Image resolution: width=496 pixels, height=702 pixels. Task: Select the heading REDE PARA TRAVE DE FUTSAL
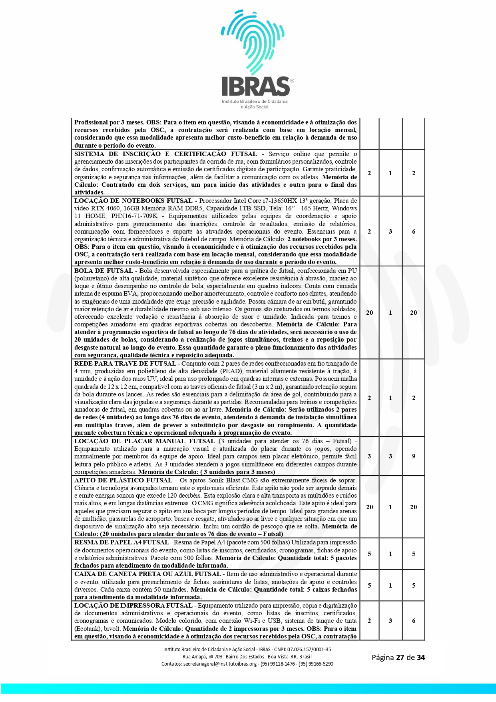tap(125, 364)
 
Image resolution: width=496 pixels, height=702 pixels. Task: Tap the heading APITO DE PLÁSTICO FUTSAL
tap(123, 480)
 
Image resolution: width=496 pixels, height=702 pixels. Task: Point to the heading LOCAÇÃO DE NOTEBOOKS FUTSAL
tap(133, 201)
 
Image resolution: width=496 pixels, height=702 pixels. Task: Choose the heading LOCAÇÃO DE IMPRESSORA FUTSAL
tap(133, 606)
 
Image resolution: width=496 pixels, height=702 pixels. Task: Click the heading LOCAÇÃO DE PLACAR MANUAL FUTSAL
tap(144, 441)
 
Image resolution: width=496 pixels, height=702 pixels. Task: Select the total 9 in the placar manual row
tap(413, 456)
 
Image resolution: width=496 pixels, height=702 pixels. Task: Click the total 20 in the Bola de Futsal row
tap(413, 313)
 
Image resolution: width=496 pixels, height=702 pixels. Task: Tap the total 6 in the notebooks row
tap(413, 232)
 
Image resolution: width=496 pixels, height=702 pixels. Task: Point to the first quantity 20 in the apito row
tap(369, 507)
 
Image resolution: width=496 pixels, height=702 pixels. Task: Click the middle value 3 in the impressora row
tap(390, 621)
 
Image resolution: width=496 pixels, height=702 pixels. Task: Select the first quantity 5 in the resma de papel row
tap(369, 554)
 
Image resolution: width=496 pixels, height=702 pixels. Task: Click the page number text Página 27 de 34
tap(398, 657)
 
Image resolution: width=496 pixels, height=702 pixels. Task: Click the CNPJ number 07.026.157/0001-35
tap(309, 649)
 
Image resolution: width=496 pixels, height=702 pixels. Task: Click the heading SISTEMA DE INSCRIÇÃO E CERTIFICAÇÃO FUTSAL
tap(165, 154)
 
